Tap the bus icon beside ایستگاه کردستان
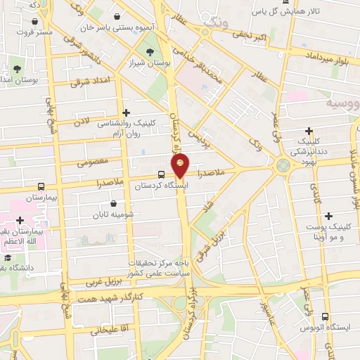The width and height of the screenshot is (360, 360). tap(162, 174)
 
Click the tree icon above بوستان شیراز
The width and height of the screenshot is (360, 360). tap(148, 51)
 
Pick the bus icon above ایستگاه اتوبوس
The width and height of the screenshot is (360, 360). tap(324, 317)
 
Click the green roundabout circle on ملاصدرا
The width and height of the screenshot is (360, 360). tap(283, 166)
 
